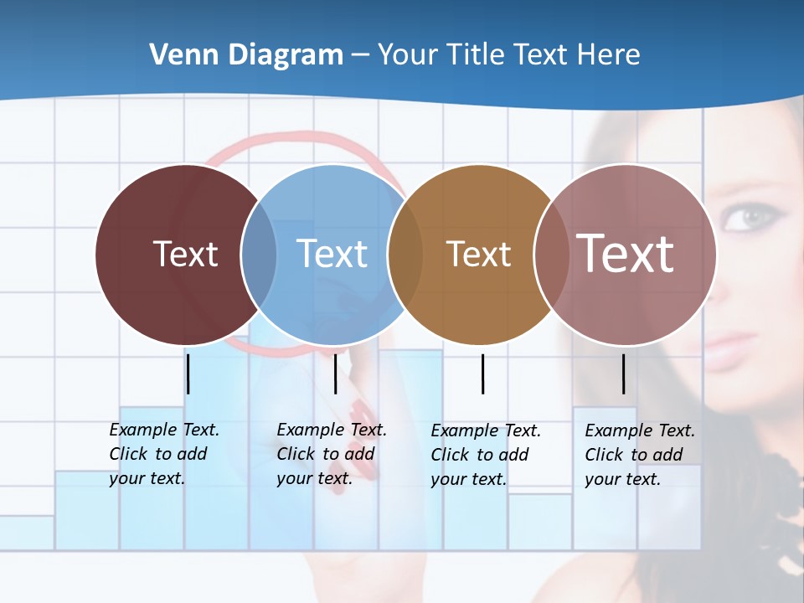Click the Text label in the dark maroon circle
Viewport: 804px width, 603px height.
click(x=185, y=254)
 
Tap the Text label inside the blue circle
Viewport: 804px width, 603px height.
click(x=332, y=254)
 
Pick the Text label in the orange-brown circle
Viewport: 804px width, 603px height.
click(x=478, y=255)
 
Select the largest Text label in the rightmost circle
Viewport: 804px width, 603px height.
click(x=626, y=254)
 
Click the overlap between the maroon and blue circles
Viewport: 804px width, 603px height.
click(x=259, y=255)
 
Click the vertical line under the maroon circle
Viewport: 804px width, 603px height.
click(x=188, y=374)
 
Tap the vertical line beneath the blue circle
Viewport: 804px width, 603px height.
click(x=335, y=374)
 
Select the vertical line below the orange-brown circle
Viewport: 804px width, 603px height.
click(x=482, y=374)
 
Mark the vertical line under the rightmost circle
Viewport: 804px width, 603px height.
click(x=624, y=374)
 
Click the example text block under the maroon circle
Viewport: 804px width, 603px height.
click(x=163, y=454)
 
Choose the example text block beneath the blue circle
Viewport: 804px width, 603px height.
click(x=331, y=454)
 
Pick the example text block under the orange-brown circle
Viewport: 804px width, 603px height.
click(x=485, y=455)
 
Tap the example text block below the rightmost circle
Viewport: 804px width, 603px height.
click(x=639, y=455)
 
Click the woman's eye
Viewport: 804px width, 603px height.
click(x=748, y=218)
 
